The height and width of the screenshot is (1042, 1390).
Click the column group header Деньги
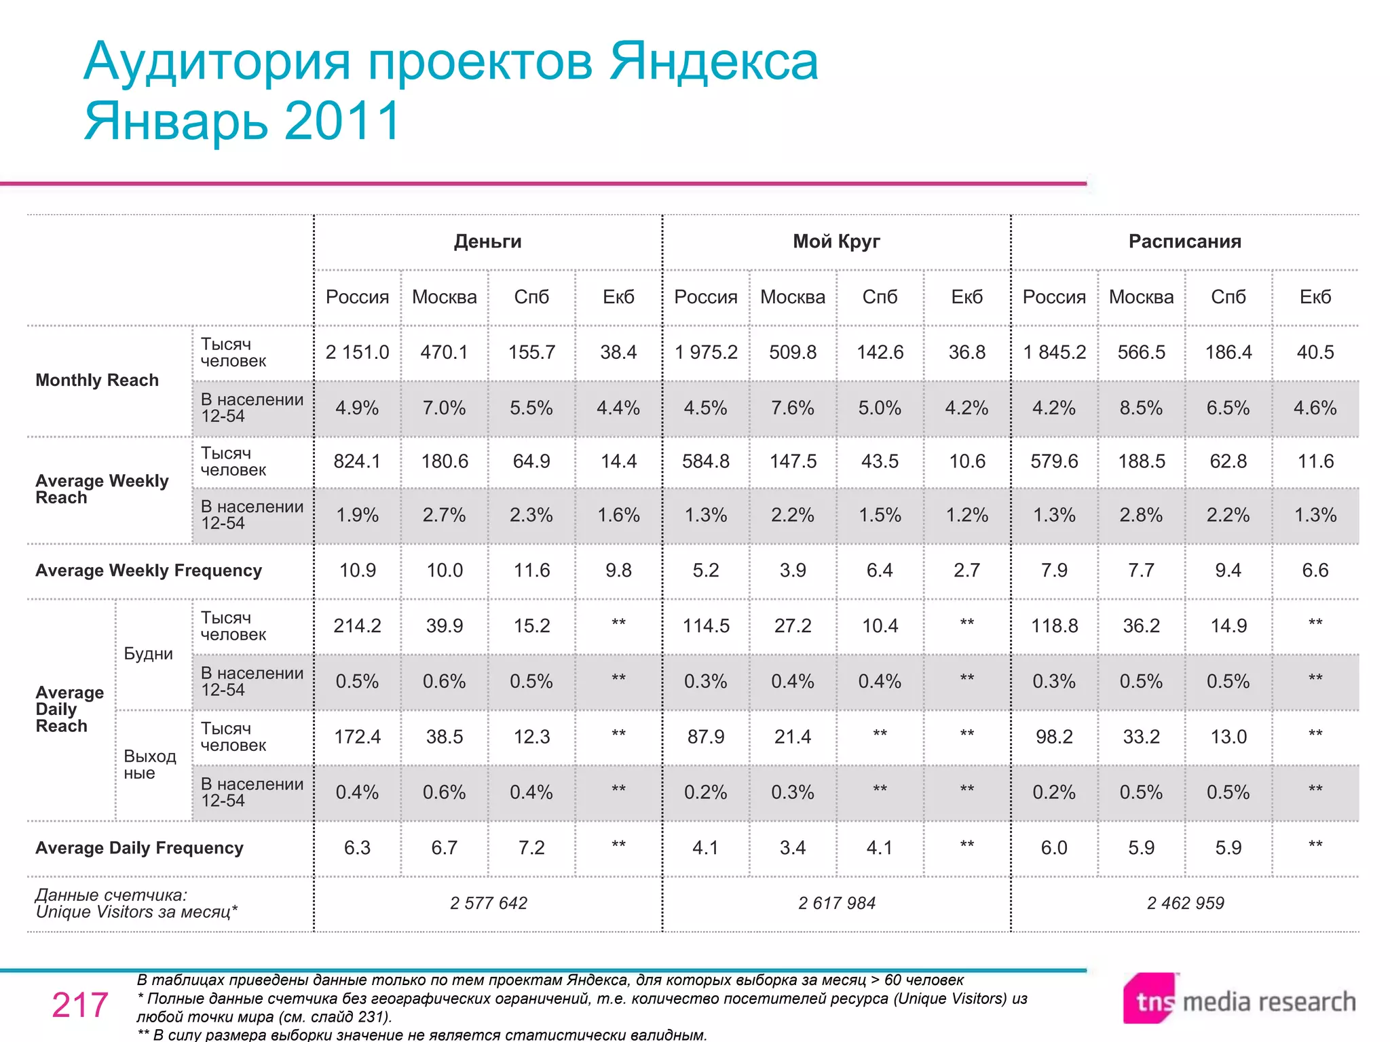click(487, 242)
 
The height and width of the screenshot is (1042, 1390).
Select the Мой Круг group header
click(836, 242)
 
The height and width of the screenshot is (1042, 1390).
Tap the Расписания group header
click(1184, 242)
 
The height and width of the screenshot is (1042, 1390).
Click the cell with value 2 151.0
click(357, 352)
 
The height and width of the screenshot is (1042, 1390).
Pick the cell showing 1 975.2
click(706, 352)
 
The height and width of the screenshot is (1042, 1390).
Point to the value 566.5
click(1141, 352)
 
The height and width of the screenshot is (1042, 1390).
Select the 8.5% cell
click(1141, 408)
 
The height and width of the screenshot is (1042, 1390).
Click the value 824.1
click(357, 461)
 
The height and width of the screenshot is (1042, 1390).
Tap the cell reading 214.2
click(357, 625)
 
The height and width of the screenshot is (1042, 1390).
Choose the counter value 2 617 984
click(836, 903)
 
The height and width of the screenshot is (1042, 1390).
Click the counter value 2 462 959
click(1185, 903)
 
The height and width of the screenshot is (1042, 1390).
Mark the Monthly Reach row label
click(97, 380)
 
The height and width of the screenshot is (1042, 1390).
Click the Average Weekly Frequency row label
click(149, 571)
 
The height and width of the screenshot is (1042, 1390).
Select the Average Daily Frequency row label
click(139, 848)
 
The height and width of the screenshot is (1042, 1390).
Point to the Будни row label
click(148, 654)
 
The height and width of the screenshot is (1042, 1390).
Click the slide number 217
click(80, 1005)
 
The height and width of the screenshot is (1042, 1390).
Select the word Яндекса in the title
click(713, 62)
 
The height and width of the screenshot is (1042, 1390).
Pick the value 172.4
click(357, 737)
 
